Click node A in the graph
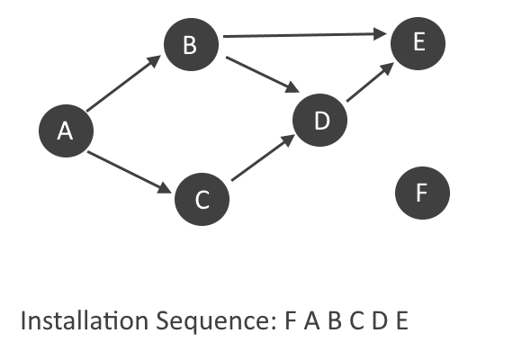tap(66, 130)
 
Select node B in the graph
tap(191, 44)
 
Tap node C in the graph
tap(202, 199)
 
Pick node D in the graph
tap(319, 120)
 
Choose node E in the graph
tap(418, 43)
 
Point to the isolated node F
tap(422, 193)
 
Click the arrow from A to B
tap(123, 84)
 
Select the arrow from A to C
tap(130, 172)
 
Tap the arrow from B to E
tap(305, 34)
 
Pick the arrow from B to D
tap(263, 75)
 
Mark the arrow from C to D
tap(264, 157)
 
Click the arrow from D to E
tap(371, 82)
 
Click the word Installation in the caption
tap(85, 320)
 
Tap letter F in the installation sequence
tap(290, 320)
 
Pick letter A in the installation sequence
tap(311, 320)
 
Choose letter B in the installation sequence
tap(335, 320)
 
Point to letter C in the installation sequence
tap(356, 320)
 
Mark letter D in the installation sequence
tap(380, 320)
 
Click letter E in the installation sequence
tap(402, 320)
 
